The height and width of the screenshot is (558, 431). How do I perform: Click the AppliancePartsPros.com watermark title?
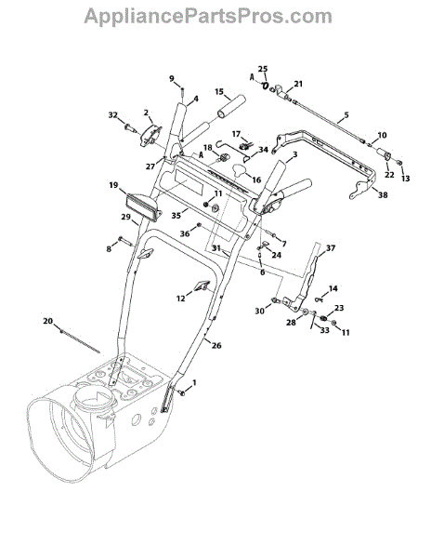tap(208, 17)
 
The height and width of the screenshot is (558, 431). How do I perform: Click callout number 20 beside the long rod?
tap(47, 322)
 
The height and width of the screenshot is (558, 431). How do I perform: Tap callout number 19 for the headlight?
tap(113, 185)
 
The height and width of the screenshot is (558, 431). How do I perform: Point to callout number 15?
tap(219, 92)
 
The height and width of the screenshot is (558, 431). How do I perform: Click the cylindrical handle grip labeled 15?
tap(231, 106)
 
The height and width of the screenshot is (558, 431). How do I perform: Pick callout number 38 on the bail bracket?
tap(383, 195)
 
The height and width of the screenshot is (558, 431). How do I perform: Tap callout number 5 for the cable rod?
tap(346, 115)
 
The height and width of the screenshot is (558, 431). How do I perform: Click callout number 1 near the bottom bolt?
tap(194, 383)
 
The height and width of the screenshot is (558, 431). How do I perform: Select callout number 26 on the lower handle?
tap(216, 345)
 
